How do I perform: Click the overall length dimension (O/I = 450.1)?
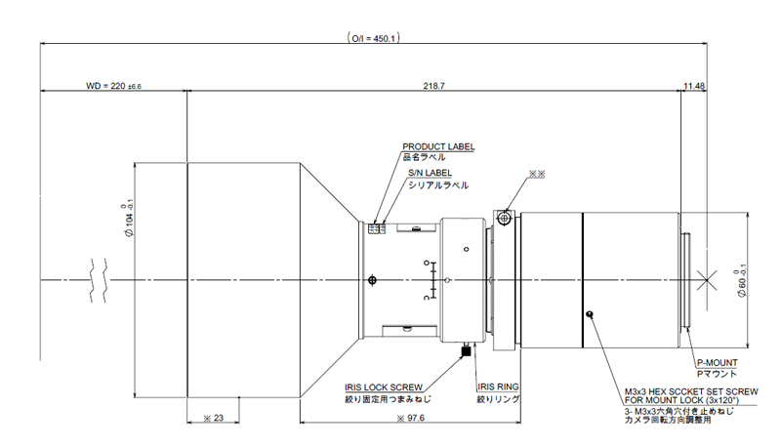[x=376, y=38]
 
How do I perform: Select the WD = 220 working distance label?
[x=114, y=87]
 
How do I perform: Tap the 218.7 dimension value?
[x=434, y=87]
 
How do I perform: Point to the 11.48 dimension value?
[x=695, y=87]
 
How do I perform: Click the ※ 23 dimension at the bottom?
[x=214, y=418]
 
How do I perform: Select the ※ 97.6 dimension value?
[x=411, y=418]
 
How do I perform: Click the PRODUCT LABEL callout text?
[x=438, y=146]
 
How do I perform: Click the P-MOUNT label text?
[x=710, y=362]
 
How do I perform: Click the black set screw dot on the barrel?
[x=591, y=313]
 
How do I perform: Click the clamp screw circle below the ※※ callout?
[x=504, y=217]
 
